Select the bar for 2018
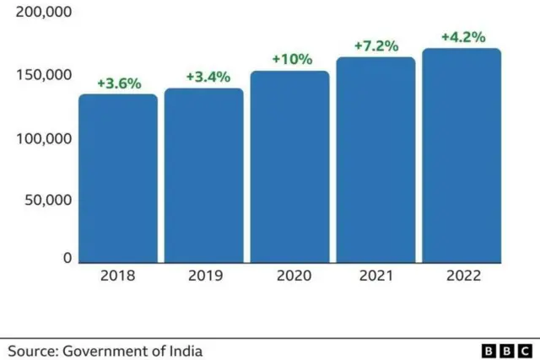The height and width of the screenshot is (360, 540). click(118, 178)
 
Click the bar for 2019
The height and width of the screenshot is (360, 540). click(203, 175)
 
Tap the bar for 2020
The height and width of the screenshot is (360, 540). click(289, 166)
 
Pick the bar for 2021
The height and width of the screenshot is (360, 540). click(375, 159)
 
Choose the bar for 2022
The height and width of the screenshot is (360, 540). click(462, 155)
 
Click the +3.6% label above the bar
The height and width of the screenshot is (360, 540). click(118, 83)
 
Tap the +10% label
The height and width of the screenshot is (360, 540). click(292, 60)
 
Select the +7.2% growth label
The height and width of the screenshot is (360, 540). click(376, 46)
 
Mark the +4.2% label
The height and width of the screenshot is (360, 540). click(462, 37)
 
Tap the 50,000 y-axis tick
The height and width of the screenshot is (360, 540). click(46, 201)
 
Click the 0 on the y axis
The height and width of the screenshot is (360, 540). click(67, 259)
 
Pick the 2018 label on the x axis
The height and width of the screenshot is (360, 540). click(118, 276)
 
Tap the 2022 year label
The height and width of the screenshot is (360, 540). click(463, 276)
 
